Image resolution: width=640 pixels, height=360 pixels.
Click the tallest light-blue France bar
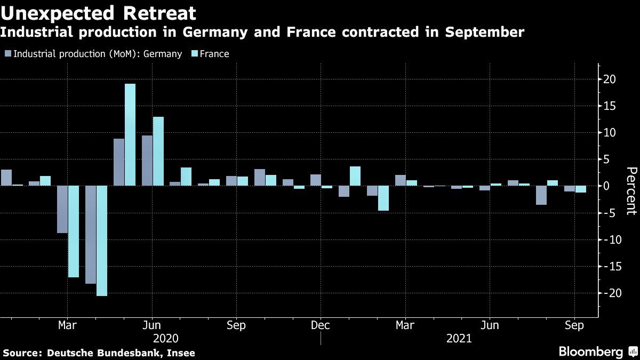pyautogui.click(x=130, y=135)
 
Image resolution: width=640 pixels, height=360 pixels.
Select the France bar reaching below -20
pyautogui.click(x=102, y=241)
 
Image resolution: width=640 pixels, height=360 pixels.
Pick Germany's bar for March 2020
pyautogui.click(x=62, y=210)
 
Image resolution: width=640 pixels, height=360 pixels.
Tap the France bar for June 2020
pyautogui.click(x=158, y=151)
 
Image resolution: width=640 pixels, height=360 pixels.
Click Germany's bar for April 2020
pyautogui.click(x=91, y=235)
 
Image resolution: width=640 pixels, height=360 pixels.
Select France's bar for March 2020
pyautogui.click(x=74, y=231)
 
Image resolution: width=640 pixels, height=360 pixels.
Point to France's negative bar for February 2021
pyautogui.click(x=383, y=198)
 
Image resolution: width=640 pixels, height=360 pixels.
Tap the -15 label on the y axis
pyautogui.click(x=607, y=267)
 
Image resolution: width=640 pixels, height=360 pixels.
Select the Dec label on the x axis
pyautogui.click(x=321, y=325)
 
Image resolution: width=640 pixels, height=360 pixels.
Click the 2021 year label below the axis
pyautogui.click(x=459, y=339)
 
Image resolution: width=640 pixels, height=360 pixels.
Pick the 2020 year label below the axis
pyautogui.click(x=166, y=339)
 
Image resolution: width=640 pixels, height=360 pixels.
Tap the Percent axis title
pyautogui.click(x=631, y=190)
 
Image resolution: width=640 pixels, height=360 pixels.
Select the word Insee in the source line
pyautogui.click(x=181, y=353)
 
